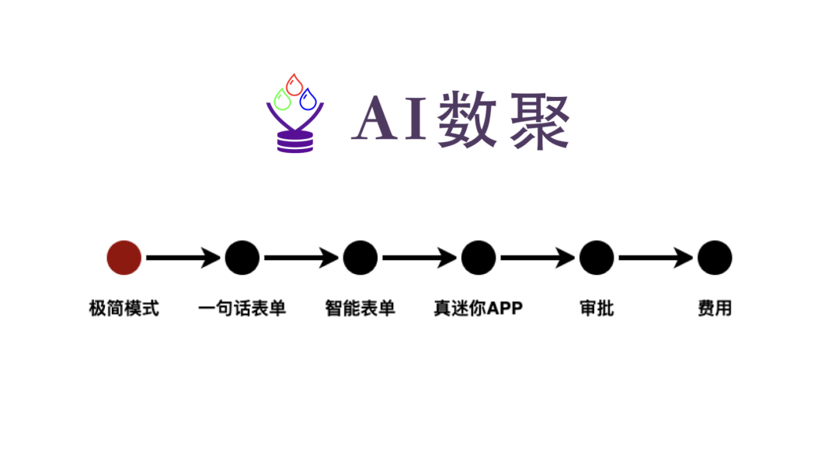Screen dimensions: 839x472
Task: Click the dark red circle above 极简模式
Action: tap(124, 258)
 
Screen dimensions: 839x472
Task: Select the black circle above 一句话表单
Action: tap(242, 258)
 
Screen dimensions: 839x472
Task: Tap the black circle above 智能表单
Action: tap(360, 258)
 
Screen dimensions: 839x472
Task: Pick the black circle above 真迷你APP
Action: tap(479, 258)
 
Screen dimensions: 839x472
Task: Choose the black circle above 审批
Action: tap(597, 258)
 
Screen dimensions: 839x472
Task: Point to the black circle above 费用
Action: tap(715, 258)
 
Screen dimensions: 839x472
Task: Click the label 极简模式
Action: tap(124, 308)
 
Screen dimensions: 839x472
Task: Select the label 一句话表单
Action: tap(242, 308)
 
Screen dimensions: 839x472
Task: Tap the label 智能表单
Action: tap(360, 308)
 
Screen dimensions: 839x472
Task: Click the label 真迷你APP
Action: tap(479, 308)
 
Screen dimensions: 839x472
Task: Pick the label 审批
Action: tap(597, 308)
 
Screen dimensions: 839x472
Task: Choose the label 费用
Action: tap(715, 308)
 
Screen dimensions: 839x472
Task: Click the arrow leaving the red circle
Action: tap(183, 258)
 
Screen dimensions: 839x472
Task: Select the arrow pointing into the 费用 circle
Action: tap(656, 258)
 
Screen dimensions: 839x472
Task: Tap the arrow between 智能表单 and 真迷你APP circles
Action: tap(419, 258)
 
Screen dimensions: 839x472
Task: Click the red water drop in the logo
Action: tap(294, 85)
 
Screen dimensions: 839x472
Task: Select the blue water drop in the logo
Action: tap(308, 99)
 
